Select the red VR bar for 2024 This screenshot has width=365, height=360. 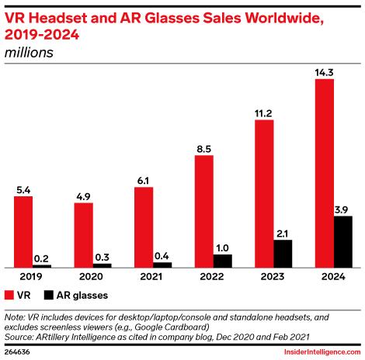point(325,173)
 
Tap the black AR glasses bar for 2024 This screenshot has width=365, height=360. point(343,241)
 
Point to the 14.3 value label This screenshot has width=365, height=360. point(325,72)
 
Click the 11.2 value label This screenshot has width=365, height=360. point(264,113)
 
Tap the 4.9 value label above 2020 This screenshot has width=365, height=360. point(83,196)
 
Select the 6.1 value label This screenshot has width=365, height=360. point(144,181)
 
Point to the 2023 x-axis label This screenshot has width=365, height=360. point(273,276)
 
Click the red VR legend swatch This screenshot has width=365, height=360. point(9,295)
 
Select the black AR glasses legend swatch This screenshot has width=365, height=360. point(48,295)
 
